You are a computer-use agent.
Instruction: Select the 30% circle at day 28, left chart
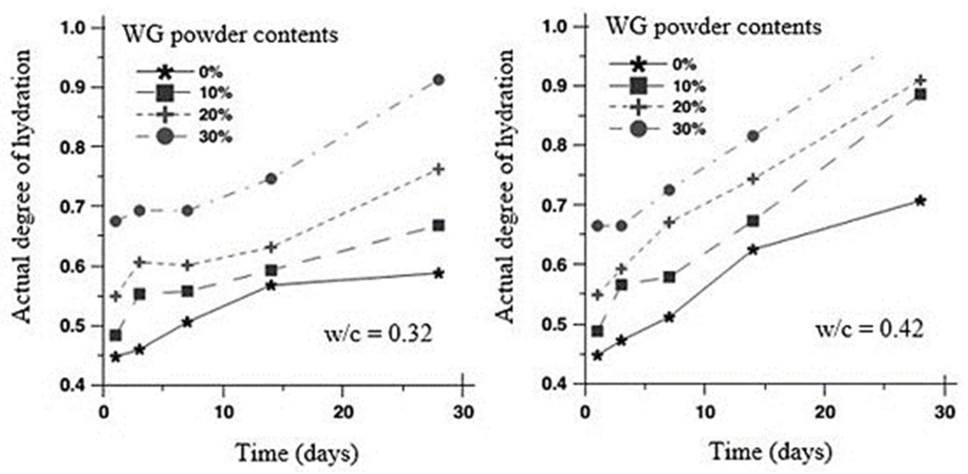[x=439, y=80]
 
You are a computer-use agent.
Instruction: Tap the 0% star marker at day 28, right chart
[x=920, y=201]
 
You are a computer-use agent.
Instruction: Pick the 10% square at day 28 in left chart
[x=439, y=226]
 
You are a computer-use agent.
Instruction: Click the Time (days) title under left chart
[x=297, y=453]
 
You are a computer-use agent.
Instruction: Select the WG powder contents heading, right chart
[x=714, y=27]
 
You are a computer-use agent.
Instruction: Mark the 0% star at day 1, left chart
[x=115, y=357]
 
